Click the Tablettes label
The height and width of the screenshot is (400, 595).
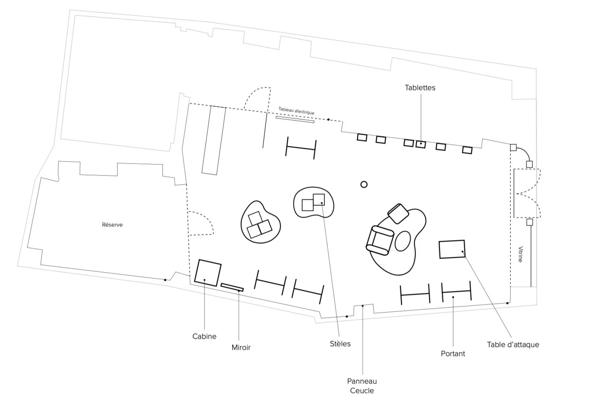tap(420, 88)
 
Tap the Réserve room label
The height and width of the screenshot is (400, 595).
tap(112, 225)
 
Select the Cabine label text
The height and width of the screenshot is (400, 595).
tap(204, 336)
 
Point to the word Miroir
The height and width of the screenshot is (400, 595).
tap(241, 347)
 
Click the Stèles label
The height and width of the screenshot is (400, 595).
tap(340, 344)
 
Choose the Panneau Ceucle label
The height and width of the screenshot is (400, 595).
tap(362, 386)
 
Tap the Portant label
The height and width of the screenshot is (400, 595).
tap(453, 354)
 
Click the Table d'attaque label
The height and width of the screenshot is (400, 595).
tap(513, 345)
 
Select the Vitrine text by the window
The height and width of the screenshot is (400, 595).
tap(521, 254)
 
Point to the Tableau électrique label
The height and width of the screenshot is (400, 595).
tap(296, 111)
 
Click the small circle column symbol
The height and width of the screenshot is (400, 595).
tap(363, 184)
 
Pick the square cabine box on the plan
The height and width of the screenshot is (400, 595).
tap(208, 273)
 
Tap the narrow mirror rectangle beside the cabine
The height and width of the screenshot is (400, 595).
tap(232, 287)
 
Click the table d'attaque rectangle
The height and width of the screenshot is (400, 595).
tap(452, 249)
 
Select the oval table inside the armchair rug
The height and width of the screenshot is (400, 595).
tap(403, 241)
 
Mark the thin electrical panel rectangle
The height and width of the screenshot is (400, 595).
tap(295, 119)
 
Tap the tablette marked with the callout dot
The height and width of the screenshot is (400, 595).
tap(420, 144)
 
